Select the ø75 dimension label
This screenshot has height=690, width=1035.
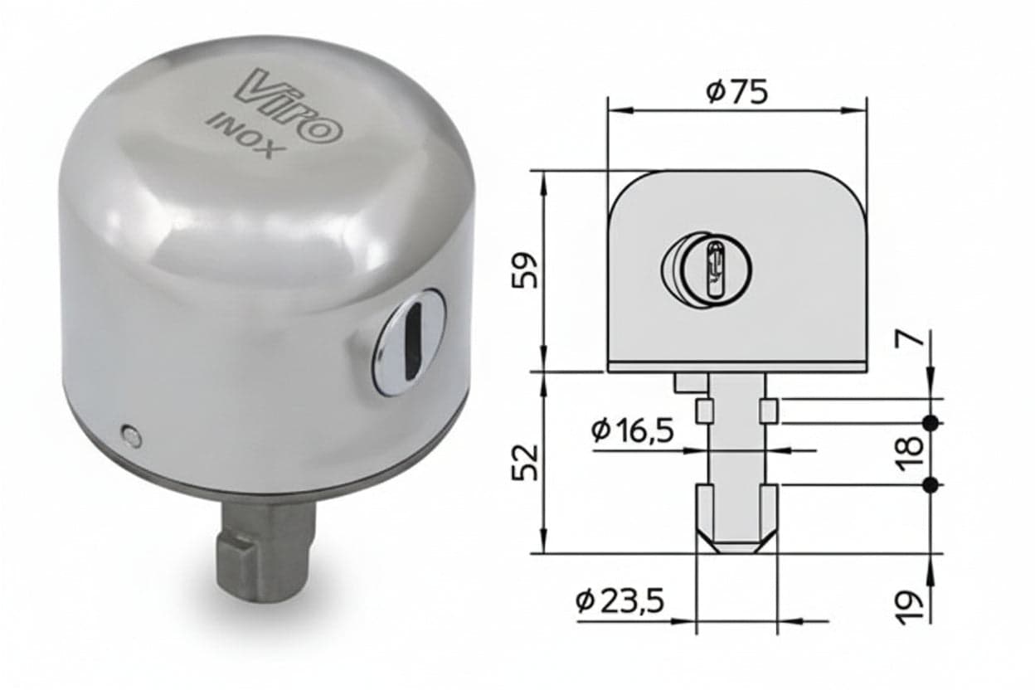[x=737, y=91]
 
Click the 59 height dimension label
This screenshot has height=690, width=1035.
[x=526, y=270]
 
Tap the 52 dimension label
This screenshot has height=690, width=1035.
[x=526, y=462]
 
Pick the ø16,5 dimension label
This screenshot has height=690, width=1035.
[x=632, y=431]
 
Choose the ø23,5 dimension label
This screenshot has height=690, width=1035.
[x=620, y=601]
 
